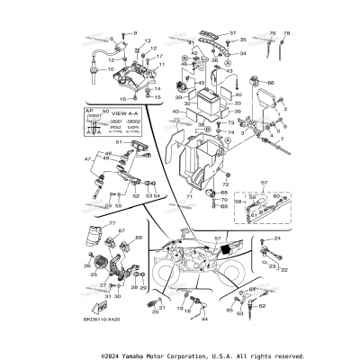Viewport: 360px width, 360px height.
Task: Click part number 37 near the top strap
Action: pyautogui.click(x=231, y=33)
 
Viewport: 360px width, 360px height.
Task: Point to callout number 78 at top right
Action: pyautogui.click(x=288, y=33)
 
